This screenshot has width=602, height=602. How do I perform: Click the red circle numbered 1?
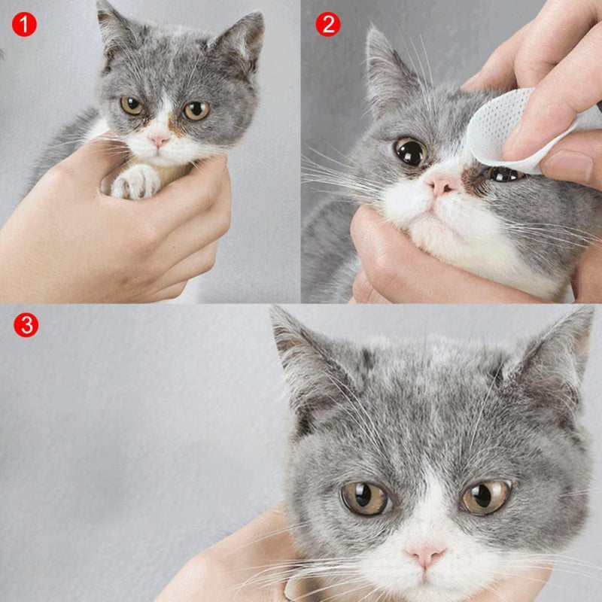[25, 25]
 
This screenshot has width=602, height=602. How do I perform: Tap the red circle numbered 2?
[327, 25]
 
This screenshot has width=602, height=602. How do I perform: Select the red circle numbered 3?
[25, 325]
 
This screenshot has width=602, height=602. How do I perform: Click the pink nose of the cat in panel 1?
[159, 140]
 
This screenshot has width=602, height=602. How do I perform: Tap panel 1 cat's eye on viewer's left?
[132, 106]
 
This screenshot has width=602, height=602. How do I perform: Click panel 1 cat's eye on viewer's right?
[196, 111]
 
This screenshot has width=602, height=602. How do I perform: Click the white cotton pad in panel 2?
[504, 132]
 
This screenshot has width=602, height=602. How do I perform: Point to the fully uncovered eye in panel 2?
[411, 152]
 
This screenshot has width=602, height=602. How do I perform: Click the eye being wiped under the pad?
[503, 174]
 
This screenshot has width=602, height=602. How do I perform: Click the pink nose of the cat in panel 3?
[425, 555]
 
